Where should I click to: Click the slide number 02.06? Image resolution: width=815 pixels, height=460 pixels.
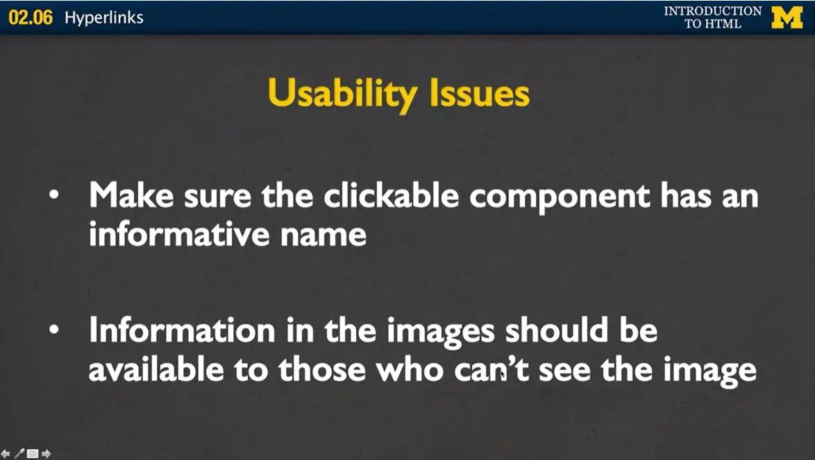[x=31, y=17]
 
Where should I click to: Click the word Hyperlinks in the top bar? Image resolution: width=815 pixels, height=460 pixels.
[x=104, y=17]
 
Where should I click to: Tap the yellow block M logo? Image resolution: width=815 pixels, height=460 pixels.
[x=787, y=17]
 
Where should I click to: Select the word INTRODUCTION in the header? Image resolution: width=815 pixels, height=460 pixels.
[x=712, y=11]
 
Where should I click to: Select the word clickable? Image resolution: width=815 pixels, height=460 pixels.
[x=391, y=197]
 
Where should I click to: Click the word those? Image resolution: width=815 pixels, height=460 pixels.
[x=324, y=370]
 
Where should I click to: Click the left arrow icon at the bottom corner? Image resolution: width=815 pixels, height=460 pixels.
[x=6, y=454]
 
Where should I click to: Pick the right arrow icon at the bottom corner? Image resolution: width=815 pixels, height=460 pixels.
[x=47, y=454]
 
